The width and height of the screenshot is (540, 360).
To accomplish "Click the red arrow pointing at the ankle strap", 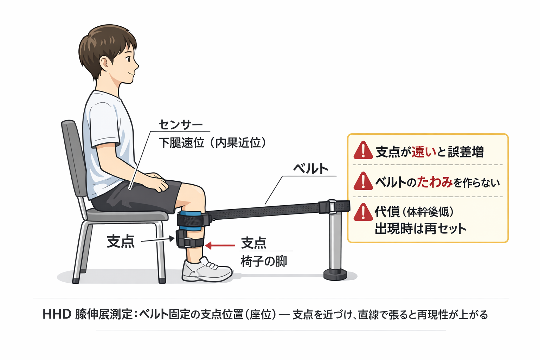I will [220, 245].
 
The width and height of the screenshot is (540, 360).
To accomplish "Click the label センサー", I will [180, 124].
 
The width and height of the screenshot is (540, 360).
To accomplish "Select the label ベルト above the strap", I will [311, 169].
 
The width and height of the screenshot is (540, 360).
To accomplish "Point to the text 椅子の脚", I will [264, 262].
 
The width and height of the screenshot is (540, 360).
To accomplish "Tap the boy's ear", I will [105, 64].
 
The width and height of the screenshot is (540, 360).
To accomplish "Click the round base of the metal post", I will [335, 274].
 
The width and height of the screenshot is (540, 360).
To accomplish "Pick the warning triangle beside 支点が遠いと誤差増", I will [363, 151].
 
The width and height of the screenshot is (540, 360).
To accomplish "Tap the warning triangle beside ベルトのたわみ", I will [363, 181].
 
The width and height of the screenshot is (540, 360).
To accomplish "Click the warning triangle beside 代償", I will [363, 212].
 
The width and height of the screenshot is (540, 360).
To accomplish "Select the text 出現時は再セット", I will [420, 229].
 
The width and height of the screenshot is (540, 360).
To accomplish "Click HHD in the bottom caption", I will [57, 314].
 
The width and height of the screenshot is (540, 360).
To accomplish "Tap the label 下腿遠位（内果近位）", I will [212, 143].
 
